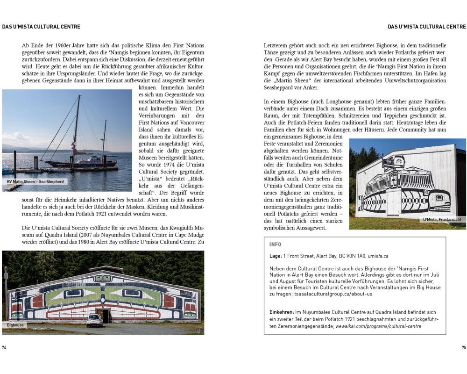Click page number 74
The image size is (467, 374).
pyautogui.click(x=4, y=347)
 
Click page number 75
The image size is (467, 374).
pyautogui.click(x=463, y=347)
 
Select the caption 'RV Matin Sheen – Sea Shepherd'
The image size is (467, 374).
pyautogui.click(x=35, y=181)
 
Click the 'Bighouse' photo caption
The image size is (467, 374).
pyautogui.click(x=14, y=324)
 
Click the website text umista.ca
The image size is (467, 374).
pyautogui.click(x=378, y=256)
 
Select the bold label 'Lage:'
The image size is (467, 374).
pyautogui.click(x=276, y=256)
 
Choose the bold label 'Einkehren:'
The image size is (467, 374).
pyautogui.click(x=282, y=312)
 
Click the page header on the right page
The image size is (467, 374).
pyautogui.click(x=427, y=27)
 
